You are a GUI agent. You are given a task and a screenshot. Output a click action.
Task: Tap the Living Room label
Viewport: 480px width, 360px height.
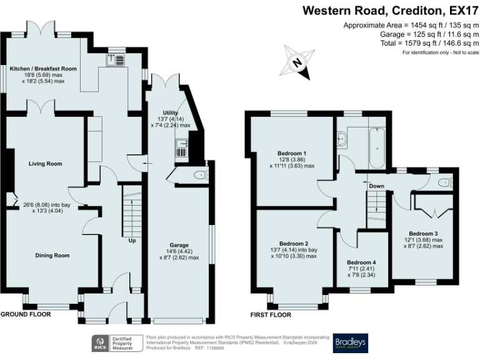click(46, 164)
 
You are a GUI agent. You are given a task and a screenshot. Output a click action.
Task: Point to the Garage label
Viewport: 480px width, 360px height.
click(179, 244)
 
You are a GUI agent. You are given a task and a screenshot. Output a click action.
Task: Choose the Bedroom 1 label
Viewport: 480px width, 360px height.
click(292, 152)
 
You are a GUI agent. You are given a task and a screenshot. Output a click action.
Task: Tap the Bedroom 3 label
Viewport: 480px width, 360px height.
click(419, 234)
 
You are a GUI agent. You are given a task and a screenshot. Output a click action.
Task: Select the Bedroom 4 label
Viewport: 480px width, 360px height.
click(362, 262)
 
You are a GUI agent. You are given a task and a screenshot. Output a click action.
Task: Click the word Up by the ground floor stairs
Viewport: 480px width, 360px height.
click(132, 240)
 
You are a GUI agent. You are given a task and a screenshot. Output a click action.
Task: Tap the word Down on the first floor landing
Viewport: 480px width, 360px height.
click(376, 186)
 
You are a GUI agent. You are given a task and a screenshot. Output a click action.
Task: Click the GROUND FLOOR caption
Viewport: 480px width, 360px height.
click(25, 314)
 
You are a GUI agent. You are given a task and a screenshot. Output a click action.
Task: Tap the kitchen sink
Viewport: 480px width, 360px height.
click(117, 59)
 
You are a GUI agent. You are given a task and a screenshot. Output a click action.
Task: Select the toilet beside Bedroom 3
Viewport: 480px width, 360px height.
click(443, 182)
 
